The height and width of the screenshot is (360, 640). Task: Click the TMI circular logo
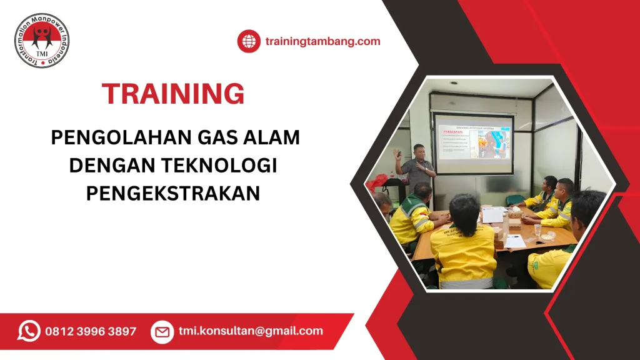point(42,40)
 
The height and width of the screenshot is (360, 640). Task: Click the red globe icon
point(249,42)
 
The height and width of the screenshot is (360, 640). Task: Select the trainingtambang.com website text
point(322,42)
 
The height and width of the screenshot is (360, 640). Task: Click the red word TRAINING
point(174,94)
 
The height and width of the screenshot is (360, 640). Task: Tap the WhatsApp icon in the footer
point(29,331)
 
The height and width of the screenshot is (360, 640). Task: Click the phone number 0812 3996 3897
point(91,331)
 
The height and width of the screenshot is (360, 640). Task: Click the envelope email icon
point(162,331)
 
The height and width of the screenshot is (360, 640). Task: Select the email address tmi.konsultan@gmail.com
point(251,331)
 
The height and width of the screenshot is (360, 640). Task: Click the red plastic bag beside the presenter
point(377,182)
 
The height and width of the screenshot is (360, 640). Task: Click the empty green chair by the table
point(515,200)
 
